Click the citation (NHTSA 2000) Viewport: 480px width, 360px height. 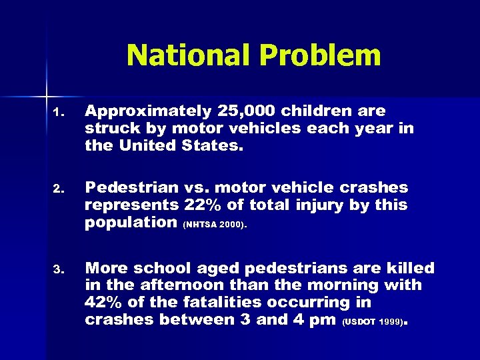[215, 224]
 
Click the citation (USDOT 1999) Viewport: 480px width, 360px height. [373, 321]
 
